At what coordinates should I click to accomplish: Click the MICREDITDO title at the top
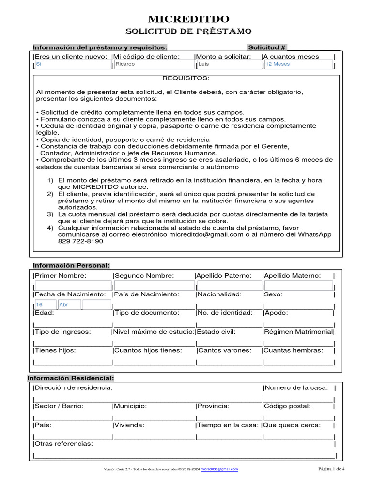pos(188,19)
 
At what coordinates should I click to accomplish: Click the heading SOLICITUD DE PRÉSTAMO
pos(188,32)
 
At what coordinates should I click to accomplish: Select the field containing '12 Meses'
pos(298,64)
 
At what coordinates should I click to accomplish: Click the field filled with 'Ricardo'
pos(153,64)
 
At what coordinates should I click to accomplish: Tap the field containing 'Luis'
pos(228,64)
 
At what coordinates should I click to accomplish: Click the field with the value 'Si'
pos(73,64)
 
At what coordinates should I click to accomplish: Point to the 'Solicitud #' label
pos(267,47)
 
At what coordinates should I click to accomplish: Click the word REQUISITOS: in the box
pos(186,78)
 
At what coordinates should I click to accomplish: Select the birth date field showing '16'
pos(46,305)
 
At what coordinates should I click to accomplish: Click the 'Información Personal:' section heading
pos(71,265)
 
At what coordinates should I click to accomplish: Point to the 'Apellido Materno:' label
pos(292,276)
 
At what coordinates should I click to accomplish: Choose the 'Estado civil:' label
pos(217,332)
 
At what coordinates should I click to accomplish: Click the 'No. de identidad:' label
pos(225,313)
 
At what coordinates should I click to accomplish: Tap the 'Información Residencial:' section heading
pos(71,378)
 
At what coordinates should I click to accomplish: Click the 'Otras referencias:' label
pos(64,444)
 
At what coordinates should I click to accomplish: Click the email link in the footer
pos(219,469)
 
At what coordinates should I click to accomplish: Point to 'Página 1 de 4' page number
pos(331,469)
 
